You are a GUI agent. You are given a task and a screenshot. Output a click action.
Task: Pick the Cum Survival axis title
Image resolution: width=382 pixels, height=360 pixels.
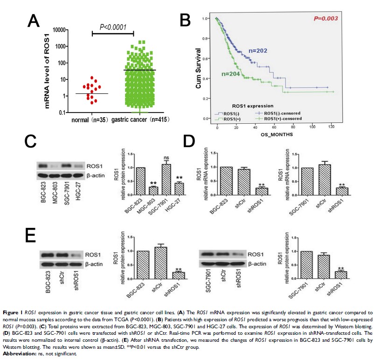pos(199,70)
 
